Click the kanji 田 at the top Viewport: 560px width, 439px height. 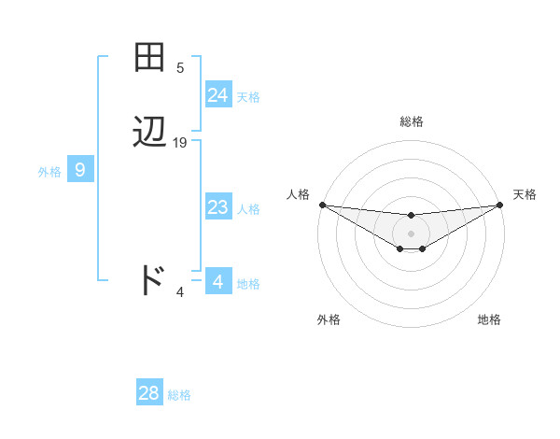coord(149,58)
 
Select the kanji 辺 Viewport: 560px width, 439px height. coord(149,133)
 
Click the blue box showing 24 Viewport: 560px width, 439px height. coord(218,95)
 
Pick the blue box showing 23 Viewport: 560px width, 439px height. coord(218,208)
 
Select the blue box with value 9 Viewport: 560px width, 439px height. coord(80,170)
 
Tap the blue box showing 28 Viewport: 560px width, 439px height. coord(148,393)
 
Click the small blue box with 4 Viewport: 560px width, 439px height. coord(217,281)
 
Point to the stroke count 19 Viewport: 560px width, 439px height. coord(180,143)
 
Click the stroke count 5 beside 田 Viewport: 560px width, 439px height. coord(180,68)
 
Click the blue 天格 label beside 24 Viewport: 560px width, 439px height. coord(248,96)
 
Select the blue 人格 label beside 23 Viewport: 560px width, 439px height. coord(249,209)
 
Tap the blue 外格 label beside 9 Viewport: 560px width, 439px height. coord(49,172)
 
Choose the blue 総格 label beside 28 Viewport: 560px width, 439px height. coord(179,395)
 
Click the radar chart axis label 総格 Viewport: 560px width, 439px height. coord(412,121)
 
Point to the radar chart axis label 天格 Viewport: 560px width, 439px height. coord(525,194)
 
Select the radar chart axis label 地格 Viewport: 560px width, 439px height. coord(489,319)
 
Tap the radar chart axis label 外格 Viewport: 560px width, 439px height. coord(329,319)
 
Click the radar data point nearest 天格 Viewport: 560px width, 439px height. coord(500,205)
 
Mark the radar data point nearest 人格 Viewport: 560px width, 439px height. coord(322,205)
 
